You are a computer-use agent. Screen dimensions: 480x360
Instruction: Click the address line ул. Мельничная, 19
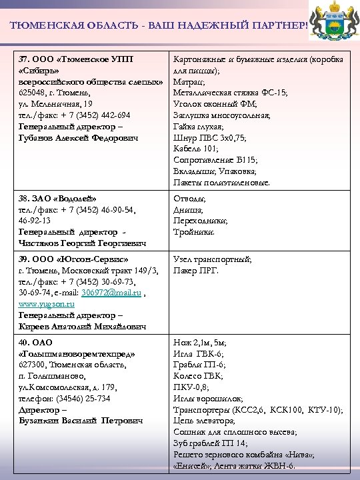[55, 104]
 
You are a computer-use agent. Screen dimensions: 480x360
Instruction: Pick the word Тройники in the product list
[194, 232]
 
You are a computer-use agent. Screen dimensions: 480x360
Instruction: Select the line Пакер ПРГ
[195, 271]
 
